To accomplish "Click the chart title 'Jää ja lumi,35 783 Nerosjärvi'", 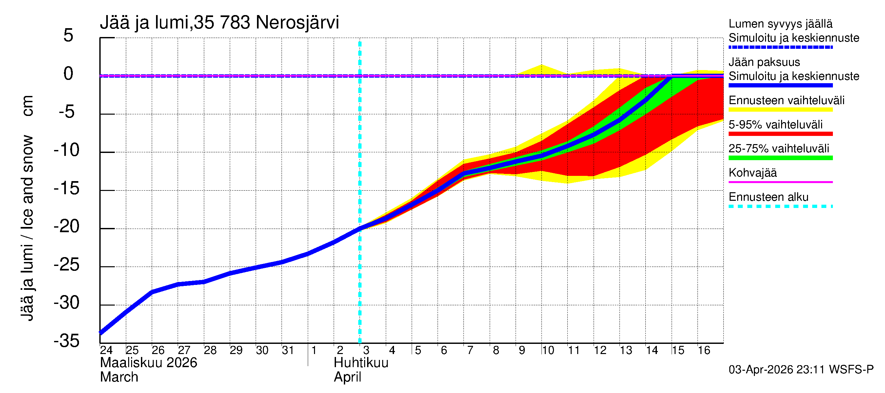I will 219,23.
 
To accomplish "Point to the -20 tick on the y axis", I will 67,227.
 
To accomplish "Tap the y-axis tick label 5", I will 69,36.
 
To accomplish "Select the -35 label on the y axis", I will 67,341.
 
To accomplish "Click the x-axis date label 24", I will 106,350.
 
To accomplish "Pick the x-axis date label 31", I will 288,350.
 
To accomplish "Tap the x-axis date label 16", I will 704,350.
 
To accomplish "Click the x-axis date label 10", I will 548,350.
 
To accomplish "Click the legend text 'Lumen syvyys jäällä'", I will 780,24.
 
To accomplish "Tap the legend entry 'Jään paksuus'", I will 764,63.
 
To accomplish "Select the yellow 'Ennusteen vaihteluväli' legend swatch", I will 780,110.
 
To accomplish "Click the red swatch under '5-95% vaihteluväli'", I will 780,134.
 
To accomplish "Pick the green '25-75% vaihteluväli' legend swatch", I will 780,158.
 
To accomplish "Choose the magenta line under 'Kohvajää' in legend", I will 780,182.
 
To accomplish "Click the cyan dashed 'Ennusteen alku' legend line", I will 780,206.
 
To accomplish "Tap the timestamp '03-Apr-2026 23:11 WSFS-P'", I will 801,370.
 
